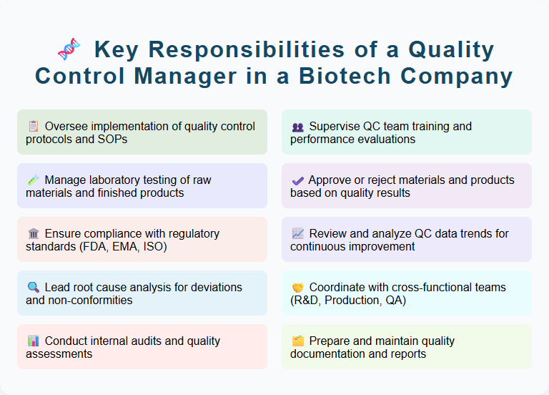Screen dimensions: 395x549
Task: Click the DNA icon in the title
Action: tap(68, 50)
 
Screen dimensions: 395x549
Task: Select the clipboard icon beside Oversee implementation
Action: tap(33, 127)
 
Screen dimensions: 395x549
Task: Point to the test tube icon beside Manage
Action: tap(33, 180)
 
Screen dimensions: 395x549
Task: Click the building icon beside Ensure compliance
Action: tap(33, 234)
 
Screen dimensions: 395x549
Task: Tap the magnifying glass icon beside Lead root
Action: tap(33, 288)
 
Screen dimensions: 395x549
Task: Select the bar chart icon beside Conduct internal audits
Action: tap(33, 341)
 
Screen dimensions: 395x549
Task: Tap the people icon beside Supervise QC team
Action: tap(297, 127)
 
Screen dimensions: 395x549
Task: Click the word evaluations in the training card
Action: tap(382, 139)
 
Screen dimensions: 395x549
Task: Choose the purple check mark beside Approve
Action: tap(297, 180)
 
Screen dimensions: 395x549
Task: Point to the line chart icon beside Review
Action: tap(297, 234)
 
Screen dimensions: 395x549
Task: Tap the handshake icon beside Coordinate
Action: tap(297, 288)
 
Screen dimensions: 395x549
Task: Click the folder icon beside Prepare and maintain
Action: tap(297, 341)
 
